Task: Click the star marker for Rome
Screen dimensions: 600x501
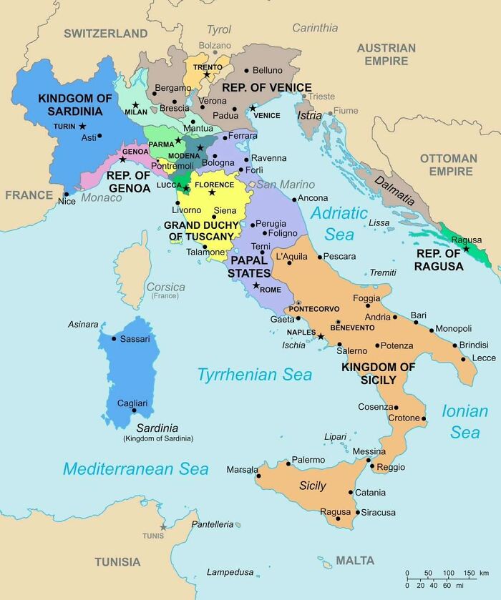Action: pos(256,286)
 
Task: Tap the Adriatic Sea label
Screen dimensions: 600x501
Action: pos(339,223)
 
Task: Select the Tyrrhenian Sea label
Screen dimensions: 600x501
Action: pos(255,375)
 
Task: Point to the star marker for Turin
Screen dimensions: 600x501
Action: pos(82,127)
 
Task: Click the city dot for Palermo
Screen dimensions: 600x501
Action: pos(288,463)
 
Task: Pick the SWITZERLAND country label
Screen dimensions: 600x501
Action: pos(105,33)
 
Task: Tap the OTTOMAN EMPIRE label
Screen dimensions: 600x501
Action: pos(448,164)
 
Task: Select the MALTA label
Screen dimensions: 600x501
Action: pos(355,561)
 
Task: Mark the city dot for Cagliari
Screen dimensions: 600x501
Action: pos(134,410)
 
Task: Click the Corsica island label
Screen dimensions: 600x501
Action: pos(165,287)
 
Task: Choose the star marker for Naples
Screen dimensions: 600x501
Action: pos(321,336)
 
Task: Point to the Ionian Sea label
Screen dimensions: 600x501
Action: pos(464,421)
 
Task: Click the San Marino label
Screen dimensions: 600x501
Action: pos(286,185)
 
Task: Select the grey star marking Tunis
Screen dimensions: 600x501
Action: pos(163,527)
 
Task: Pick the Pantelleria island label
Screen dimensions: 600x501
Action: pos(213,524)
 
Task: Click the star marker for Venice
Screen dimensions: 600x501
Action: pos(252,107)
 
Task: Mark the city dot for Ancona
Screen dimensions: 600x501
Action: pos(294,200)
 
